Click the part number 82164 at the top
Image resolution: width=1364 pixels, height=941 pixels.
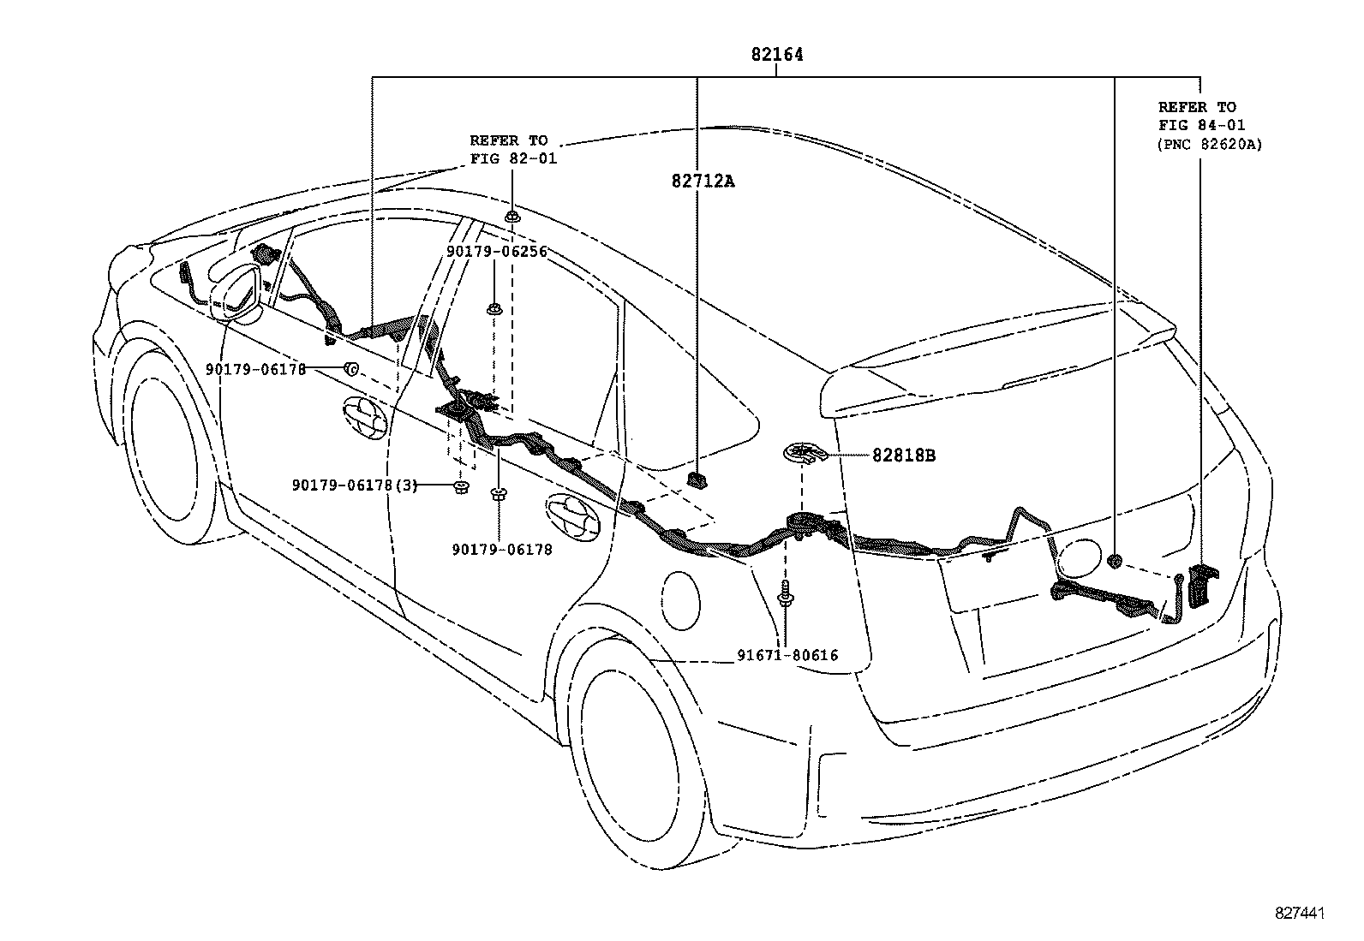pos(777,55)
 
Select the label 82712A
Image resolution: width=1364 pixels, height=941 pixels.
pos(703,181)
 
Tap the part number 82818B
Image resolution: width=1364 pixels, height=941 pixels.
pos(904,456)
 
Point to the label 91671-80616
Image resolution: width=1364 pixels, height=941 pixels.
pos(787,656)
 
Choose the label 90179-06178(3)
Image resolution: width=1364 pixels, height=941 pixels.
pos(355,485)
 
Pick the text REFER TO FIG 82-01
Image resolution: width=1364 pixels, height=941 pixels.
pos(512,150)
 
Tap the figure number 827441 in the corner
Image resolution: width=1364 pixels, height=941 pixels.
pos(1300,914)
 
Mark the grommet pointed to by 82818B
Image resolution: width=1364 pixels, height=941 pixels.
pos(804,454)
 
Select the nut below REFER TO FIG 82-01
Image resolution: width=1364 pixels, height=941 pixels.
pos(512,216)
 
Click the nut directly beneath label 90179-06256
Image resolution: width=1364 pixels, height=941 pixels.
pos(494,309)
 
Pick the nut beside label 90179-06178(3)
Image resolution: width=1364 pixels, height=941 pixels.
pos(460,488)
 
